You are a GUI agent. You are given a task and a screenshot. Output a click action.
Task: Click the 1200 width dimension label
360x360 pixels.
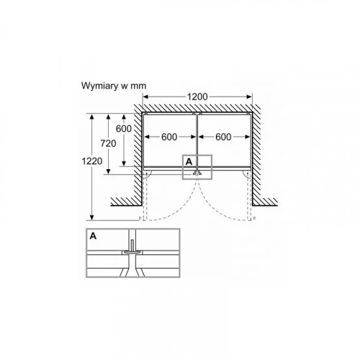click(197, 96)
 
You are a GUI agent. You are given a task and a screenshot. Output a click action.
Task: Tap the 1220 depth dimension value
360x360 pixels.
click(92, 161)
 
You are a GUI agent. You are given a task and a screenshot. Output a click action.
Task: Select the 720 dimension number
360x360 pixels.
click(108, 143)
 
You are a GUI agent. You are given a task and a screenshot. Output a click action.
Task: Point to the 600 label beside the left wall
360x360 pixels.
click(124, 129)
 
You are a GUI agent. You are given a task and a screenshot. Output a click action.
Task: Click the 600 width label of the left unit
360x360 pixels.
click(169, 137)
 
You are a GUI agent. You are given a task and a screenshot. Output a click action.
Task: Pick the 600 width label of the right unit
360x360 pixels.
click(223, 137)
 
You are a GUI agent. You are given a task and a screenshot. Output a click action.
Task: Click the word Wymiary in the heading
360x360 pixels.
click(100, 86)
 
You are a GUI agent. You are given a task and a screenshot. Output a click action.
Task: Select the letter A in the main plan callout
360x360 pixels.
click(189, 162)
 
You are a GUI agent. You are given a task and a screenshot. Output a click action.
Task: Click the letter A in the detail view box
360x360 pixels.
click(93, 236)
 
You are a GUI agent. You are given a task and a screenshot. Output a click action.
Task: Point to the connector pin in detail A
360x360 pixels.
click(132, 247)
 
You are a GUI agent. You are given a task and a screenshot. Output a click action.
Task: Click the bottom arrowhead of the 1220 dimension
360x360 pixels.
click(92, 217)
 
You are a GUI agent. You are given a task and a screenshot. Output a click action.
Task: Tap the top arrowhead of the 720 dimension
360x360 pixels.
click(108, 117)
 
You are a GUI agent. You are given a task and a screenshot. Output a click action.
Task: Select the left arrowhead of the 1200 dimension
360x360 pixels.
click(145, 96)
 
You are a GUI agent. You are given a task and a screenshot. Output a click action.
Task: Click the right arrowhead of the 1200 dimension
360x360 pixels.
click(249, 96)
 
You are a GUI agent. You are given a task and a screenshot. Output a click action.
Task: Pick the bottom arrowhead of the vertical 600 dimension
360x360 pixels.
click(124, 163)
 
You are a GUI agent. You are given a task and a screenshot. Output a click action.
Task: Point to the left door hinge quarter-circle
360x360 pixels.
click(149, 175)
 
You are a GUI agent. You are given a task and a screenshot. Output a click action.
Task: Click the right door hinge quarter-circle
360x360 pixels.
click(245, 175)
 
